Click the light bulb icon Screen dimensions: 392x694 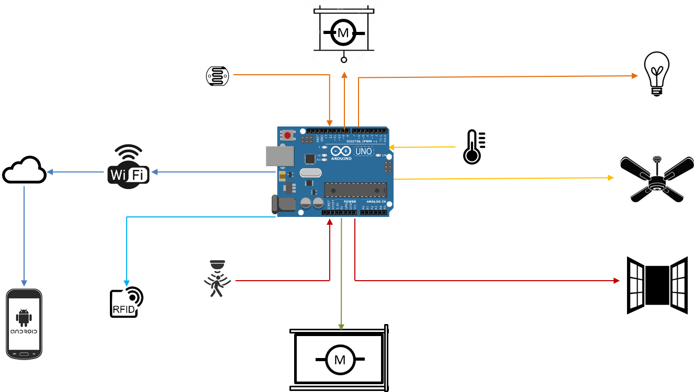656,73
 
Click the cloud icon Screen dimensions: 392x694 24,170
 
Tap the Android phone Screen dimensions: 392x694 24,324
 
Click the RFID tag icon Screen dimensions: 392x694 127,302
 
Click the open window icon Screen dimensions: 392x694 657,285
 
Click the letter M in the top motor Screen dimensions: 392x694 343,33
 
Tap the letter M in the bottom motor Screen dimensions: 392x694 340,360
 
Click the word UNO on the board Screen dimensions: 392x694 364,152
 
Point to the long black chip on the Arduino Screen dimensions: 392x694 355,190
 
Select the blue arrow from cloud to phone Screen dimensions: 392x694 24,235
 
